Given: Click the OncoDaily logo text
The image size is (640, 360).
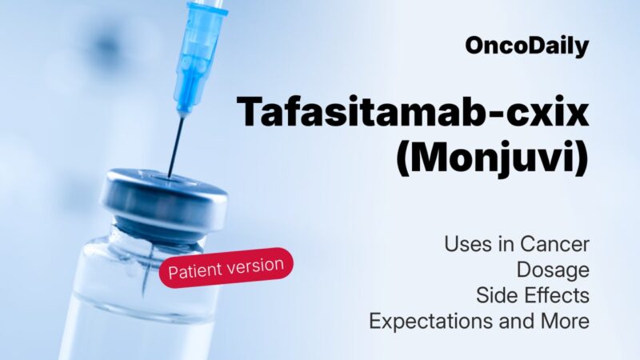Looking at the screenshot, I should pyautogui.click(x=526, y=46).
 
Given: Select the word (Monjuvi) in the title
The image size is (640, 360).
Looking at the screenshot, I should pyautogui.click(x=492, y=158).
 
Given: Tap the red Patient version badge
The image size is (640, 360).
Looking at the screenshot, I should pyautogui.click(x=226, y=267).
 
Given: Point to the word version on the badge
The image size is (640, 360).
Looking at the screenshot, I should pyautogui.click(x=254, y=263).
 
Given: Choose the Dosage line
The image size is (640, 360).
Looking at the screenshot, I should pyautogui.click(x=553, y=270).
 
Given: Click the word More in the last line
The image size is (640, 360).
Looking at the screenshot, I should pyautogui.click(x=563, y=320).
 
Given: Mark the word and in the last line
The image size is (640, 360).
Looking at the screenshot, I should pyautogui.click(x=511, y=320).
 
